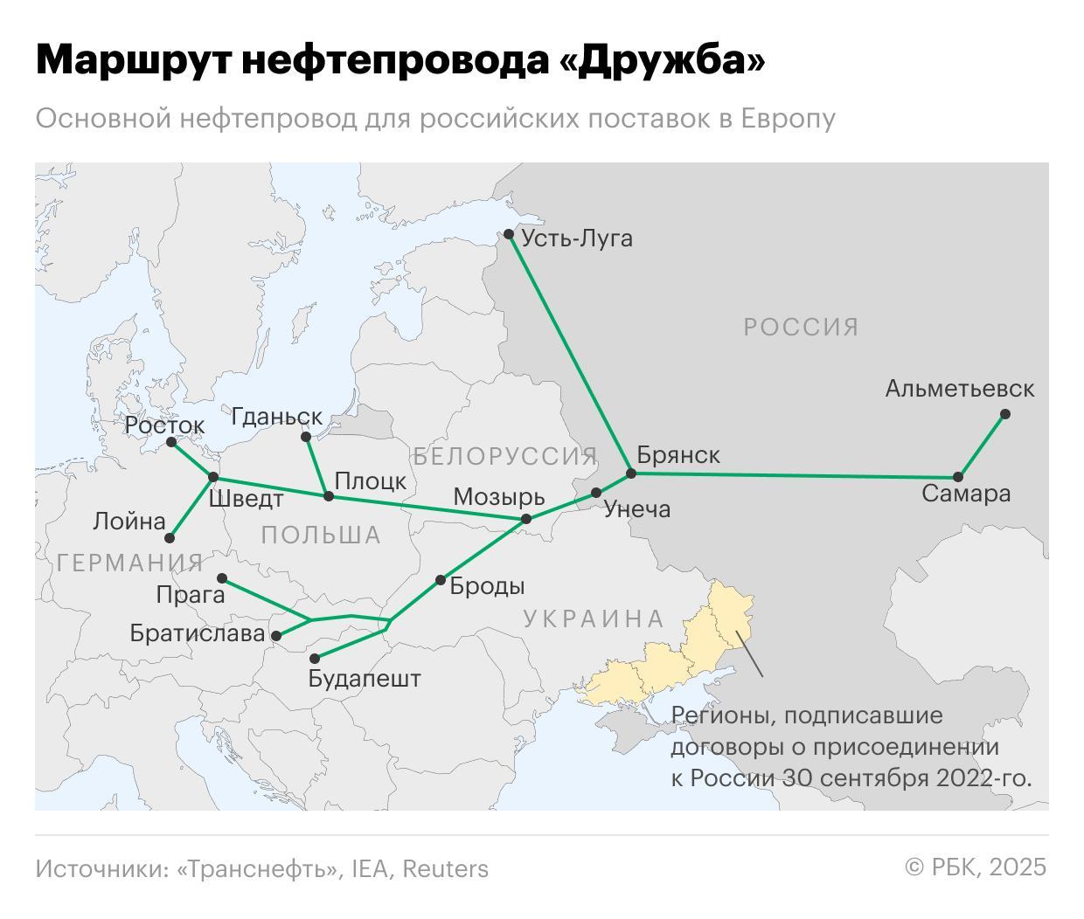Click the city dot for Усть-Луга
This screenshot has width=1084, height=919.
tap(509, 234)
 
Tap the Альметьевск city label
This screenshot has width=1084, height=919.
tap(959, 389)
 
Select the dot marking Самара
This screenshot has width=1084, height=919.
tap(958, 477)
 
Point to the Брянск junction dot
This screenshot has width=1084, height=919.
tap(631, 474)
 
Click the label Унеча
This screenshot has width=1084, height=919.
tap(636, 509)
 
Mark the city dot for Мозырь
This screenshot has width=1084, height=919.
tap(526, 519)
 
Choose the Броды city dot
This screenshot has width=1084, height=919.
tap(441, 580)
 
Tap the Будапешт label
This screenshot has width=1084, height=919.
tap(365, 679)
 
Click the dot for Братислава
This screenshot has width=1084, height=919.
tap(276, 636)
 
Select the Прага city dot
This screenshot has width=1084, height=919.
tap(222, 578)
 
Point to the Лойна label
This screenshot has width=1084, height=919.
tap(129, 522)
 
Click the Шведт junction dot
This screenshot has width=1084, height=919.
tap(213, 477)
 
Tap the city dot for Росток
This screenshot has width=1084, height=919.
tap(171, 442)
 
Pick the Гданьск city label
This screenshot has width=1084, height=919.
tap(276, 417)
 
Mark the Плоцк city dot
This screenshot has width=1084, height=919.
tap(329, 496)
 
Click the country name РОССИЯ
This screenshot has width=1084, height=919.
tap(801, 327)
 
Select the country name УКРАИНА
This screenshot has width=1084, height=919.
tap(594, 618)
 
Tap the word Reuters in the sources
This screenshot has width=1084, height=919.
tap(445, 868)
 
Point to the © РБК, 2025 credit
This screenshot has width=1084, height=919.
tap(975, 867)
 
